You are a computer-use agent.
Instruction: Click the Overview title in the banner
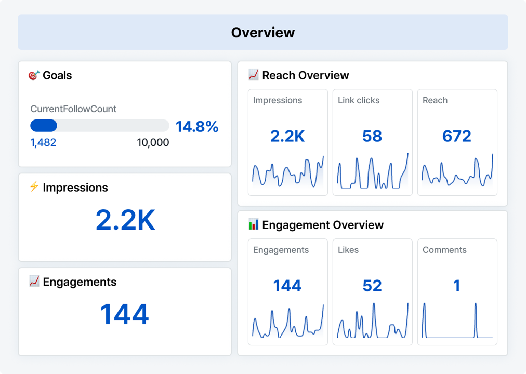[x=263, y=32]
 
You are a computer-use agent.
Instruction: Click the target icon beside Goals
[x=34, y=75]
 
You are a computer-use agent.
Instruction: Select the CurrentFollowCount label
[x=73, y=109]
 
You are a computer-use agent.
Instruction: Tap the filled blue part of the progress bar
[x=44, y=126]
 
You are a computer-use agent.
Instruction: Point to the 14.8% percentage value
[x=196, y=127]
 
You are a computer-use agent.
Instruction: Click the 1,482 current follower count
[x=43, y=142]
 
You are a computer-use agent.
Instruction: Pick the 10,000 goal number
[x=153, y=142]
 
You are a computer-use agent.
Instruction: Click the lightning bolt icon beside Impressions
[x=34, y=187]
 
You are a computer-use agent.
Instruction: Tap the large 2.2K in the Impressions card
[x=125, y=221]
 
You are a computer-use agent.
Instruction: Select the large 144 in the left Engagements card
[x=124, y=314]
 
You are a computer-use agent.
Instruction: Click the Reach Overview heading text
[x=305, y=75]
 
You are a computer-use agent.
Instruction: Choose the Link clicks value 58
[x=372, y=136]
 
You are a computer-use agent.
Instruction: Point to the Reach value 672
[x=456, y=136]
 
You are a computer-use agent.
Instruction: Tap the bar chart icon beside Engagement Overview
[x=253, y=224]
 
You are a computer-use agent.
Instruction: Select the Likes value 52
[x=372, y=286]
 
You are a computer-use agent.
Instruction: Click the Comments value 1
[x=456, y=286]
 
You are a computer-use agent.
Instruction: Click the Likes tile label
[x=348, y=250]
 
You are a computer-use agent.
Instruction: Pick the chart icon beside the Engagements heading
[x=34, y=282]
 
